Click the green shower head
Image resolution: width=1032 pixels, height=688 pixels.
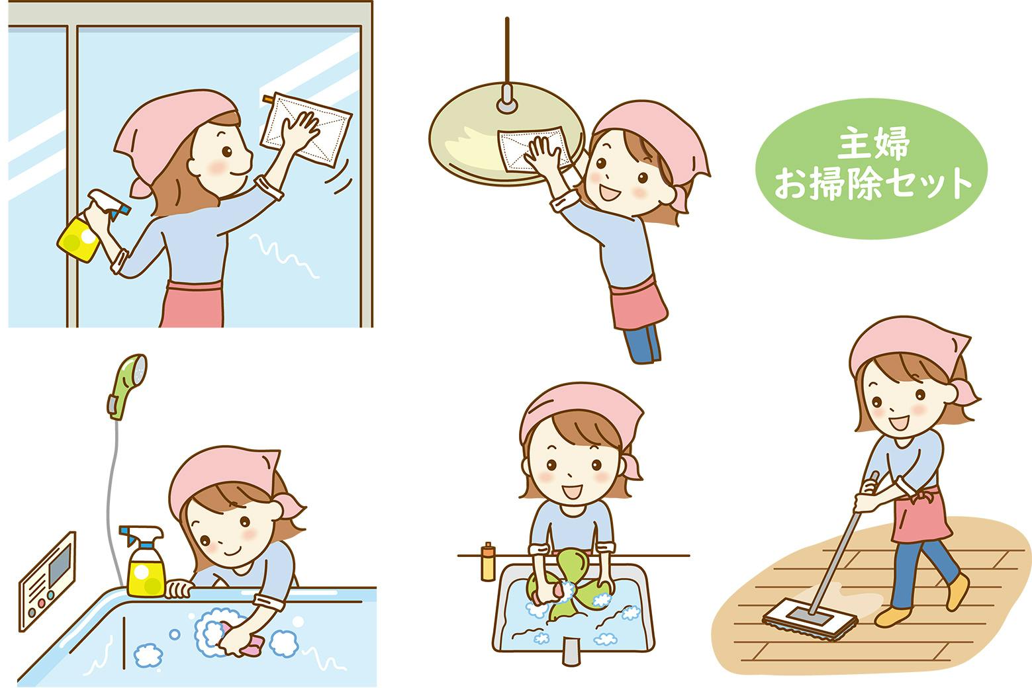128,386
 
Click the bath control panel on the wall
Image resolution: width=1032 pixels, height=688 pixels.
47,581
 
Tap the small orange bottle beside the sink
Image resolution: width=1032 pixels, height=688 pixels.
487,562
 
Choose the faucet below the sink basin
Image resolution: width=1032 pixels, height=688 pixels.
571,651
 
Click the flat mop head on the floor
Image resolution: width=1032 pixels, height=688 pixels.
810,621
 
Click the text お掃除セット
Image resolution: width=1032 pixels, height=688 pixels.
872,183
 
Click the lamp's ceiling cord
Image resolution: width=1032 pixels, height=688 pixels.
507,51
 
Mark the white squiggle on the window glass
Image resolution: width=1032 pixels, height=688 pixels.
284,256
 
